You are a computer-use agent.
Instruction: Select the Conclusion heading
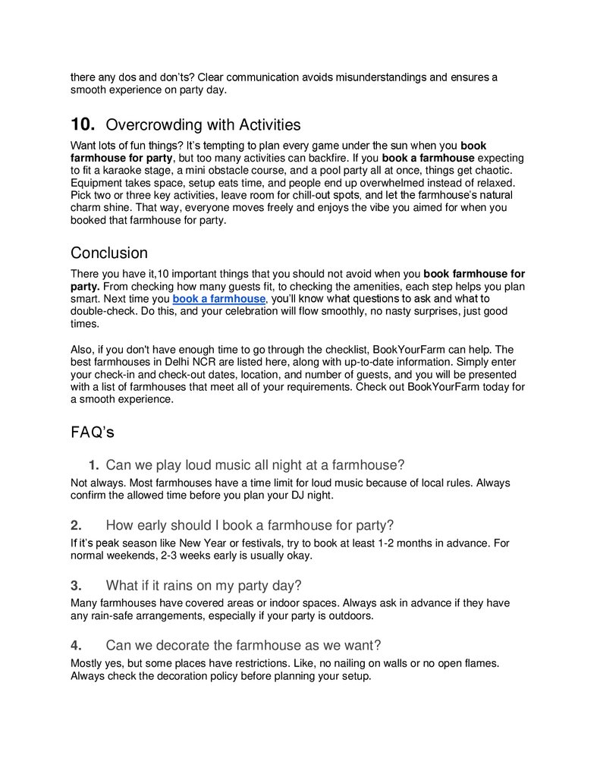click(109, 253)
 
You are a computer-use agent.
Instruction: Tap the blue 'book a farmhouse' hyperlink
click(219, 299)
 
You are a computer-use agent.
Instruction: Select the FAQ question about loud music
click(255, 464)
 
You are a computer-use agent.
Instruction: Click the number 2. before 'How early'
click(76, 525)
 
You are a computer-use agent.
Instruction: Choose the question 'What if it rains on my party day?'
click(203, 585)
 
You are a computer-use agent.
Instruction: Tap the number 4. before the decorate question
click(76, 645)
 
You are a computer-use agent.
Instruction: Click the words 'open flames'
click(465, 663)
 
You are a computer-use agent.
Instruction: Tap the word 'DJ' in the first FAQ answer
click(286, 495)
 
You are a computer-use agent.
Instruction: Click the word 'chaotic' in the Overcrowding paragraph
click(491, 170)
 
